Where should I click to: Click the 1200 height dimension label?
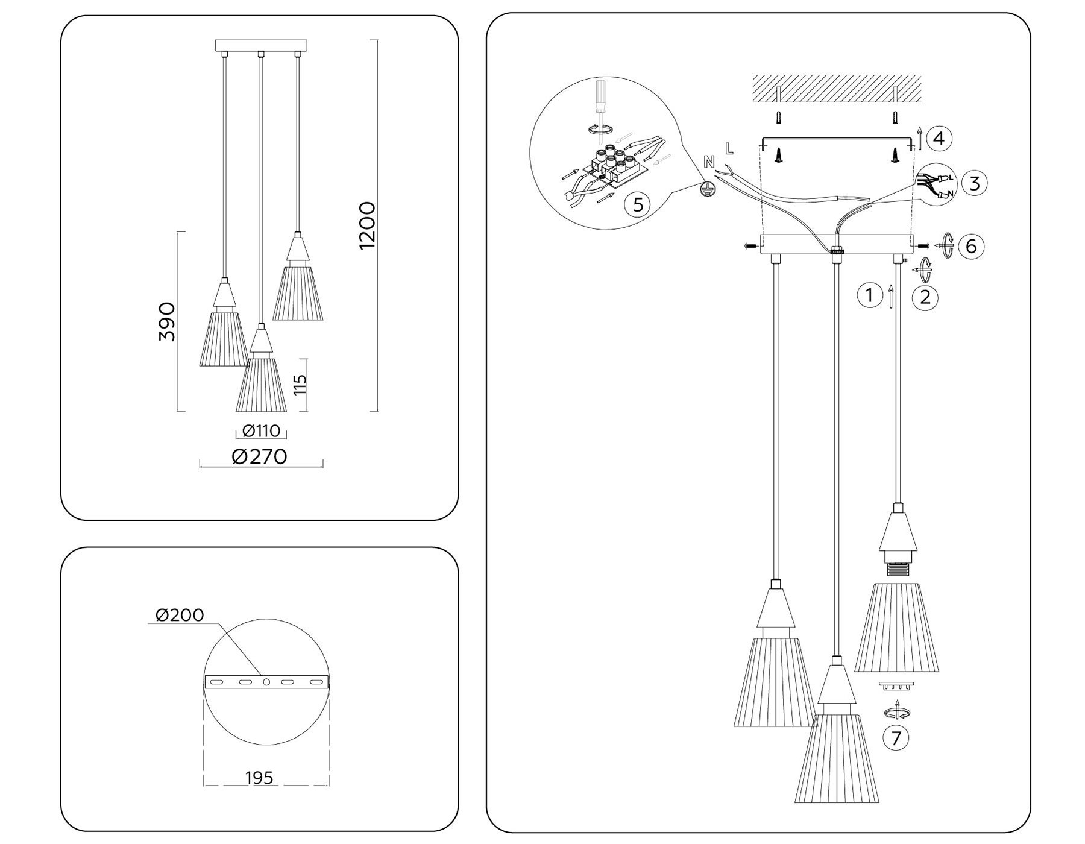(x=366, y=225)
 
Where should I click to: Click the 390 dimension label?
(x=167, y=322)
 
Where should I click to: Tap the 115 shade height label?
(x=301, y=384)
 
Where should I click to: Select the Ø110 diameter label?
(x=261, y=430)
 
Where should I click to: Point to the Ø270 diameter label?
(x=260, y=456)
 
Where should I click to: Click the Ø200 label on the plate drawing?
(x=180, y=615)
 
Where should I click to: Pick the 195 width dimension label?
(x=260, y=778)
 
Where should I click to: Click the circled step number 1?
(x=869, y=295)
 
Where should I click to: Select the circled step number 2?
(x=925, y=297)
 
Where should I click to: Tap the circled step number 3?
(x=975, y=183)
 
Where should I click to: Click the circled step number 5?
(x=637, y=205)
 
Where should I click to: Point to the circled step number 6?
(x=971, y=246)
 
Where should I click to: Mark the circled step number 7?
(x=896, y=738)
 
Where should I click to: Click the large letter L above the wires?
(x=730, y=148)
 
